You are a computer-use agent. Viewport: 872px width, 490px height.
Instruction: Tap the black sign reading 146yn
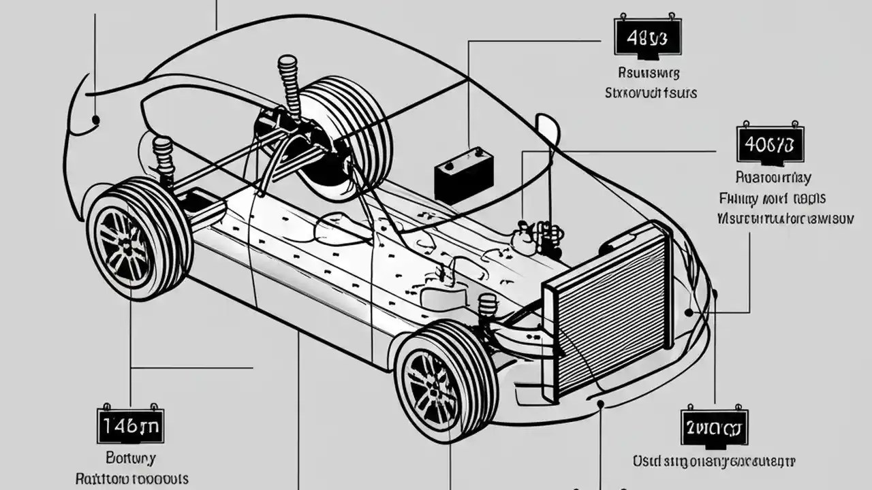pos(130,426)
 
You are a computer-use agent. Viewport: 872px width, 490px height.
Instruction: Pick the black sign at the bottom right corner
pos(714,428)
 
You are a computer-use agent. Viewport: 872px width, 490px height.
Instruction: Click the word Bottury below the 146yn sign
pos(131,457)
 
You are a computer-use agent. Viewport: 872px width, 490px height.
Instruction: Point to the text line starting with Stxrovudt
pos(651,92)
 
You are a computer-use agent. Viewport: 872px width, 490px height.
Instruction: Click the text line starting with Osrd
pos(714,461)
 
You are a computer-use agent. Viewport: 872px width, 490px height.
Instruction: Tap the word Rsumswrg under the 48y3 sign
pos(648,71)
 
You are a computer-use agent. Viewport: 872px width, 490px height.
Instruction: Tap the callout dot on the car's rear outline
pos(96,120)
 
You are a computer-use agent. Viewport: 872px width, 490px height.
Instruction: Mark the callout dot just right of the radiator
pos(689,312)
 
